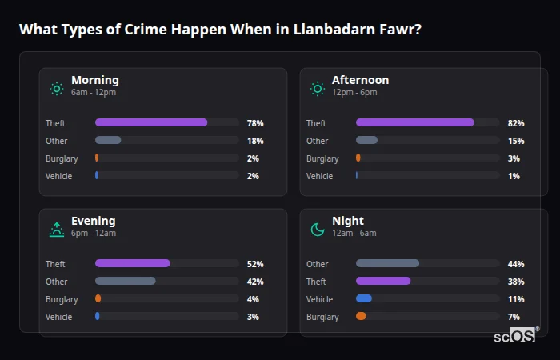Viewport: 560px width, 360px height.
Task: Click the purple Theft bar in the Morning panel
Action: click(x=151, y=122)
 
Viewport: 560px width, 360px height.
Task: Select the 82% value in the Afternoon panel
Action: click(x=515, y=123)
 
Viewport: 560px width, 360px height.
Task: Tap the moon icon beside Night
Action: click(x=318, y=230)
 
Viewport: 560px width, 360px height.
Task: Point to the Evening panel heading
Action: click(x=93, y=221)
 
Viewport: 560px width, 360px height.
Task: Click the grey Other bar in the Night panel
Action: click(x=387, y=263)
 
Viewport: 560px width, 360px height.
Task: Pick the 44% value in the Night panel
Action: click(x=515, y=264)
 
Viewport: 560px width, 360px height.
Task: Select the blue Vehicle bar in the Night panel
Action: click(x=364, y=298)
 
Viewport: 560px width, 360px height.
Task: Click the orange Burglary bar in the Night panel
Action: click(x=361, y=316)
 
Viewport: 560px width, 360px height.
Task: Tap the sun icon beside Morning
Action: click(x=57, y=89)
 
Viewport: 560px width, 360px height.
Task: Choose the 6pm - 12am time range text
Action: click(x=94, y=234)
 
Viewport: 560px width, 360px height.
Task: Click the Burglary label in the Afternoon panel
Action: click(x=322, y=158)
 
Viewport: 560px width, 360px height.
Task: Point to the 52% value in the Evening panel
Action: click(x=255, y=264)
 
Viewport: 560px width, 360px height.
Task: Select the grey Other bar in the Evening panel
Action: click(x=125, y=281)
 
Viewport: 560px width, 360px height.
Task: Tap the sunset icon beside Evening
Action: click(x=57, y=230)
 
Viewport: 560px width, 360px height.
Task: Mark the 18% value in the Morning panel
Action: click(x=255, y=141)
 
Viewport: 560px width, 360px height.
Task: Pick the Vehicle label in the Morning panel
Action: click(x=58, y=176)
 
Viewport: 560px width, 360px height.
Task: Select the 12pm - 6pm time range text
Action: click(x=354, y=93)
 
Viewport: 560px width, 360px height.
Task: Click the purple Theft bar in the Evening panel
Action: click(x=133, y=263)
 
